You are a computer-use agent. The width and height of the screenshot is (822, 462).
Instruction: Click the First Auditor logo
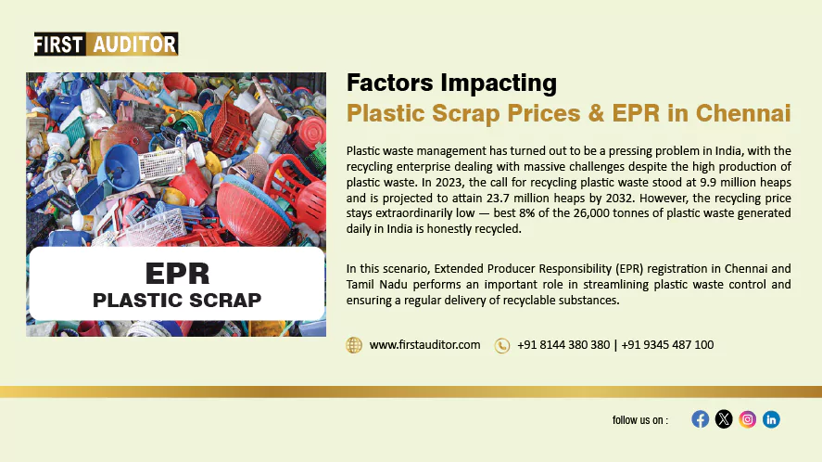pyautogui.click(x=106, y=45)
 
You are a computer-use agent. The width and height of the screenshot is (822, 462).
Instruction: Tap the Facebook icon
pyautogui.click(x=700, y=419)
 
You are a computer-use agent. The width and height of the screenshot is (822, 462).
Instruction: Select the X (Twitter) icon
pyautogui.click(x=724, y=419)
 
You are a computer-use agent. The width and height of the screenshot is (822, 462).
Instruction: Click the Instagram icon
pyautogui.click(x=748, y=419)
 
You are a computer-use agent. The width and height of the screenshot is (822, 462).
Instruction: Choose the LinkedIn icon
pyautogui.click(x=771, y=419)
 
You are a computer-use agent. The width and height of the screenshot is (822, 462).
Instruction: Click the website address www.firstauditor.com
pyautogui.click(x=424, y=345)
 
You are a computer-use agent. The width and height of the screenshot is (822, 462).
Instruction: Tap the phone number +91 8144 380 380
pyautogui.click(x=563, y=345)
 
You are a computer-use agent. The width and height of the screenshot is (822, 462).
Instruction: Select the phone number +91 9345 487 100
pyautogui.click(x=667, y=345)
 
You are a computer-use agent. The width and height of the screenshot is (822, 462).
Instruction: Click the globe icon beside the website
pyautogui.click(x=354, y=345)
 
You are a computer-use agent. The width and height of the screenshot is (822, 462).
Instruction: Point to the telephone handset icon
pyautogui.click(x=502, y=345)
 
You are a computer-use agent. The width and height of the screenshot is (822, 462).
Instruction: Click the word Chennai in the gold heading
pyautogui.click(x=743, y=113)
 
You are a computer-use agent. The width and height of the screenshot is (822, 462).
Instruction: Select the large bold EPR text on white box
pyautogui.click(x=177, y=274)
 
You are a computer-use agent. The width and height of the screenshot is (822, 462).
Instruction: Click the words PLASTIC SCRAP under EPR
pyautogui.click(x=177, y=301)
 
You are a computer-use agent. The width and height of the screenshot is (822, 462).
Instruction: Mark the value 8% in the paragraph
pyautogui.click(x=527, y=213)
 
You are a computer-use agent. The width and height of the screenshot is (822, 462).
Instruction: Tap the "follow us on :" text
pyautogui.click(x=640, y=420)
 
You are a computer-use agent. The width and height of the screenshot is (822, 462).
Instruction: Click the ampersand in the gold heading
pyautogui.click(x=596, y=113)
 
